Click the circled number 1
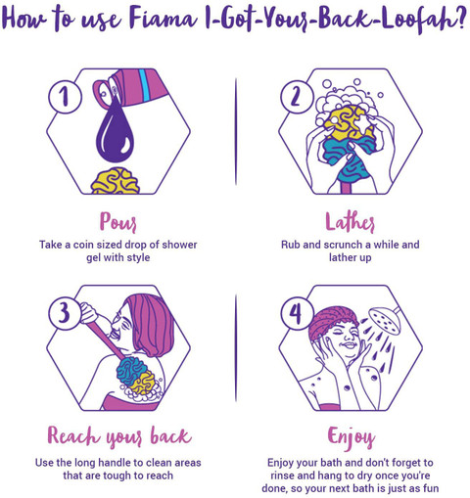(x=65, y=97)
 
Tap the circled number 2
(x=297, y=97)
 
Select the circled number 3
(x=65, y=313)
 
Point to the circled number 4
(x=297, y=313)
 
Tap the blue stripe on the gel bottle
(x=144, y=84)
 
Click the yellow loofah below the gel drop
(x=116, y=181)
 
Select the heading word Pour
(x=117, y=222)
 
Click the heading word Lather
(x=350, y=222)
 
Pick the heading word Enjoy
(x=352, y=437)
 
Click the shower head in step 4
(x=385, y=321)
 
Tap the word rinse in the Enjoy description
(x=283, y=475)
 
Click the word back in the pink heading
(x=170, y=435)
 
